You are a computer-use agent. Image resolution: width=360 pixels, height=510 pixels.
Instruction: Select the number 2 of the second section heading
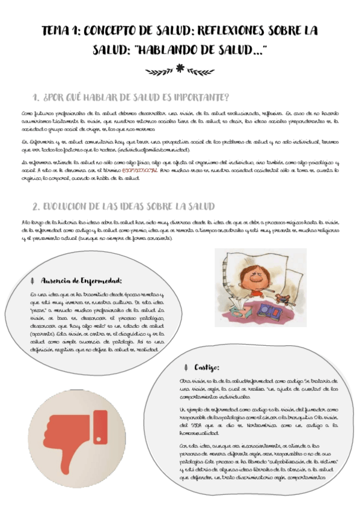coord(35,206)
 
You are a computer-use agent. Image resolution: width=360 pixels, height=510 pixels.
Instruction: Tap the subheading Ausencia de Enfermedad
coord(82,280)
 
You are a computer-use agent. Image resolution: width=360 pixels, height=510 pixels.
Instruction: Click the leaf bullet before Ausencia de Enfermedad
coord(32,281)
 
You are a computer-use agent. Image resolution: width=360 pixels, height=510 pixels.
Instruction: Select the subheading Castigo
coord(207,367)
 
